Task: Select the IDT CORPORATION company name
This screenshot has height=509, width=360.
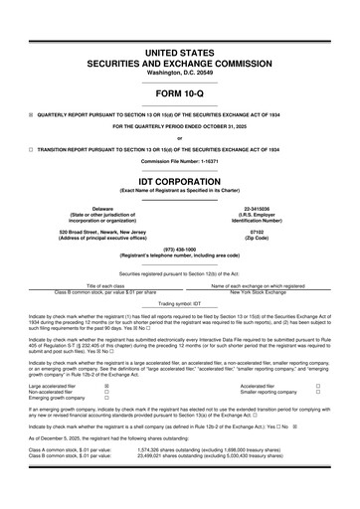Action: coord(180,183)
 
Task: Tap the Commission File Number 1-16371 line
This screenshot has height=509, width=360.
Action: coord(180,161)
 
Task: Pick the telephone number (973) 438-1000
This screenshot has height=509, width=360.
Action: coord(180,249)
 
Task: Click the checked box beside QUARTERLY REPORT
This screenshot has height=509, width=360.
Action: coord(32,113)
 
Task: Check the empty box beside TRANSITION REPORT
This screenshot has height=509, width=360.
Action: coord(32,148)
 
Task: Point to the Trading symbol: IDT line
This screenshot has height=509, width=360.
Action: coord(180,302)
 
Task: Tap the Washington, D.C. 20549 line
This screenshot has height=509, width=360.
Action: coord(180,58)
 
